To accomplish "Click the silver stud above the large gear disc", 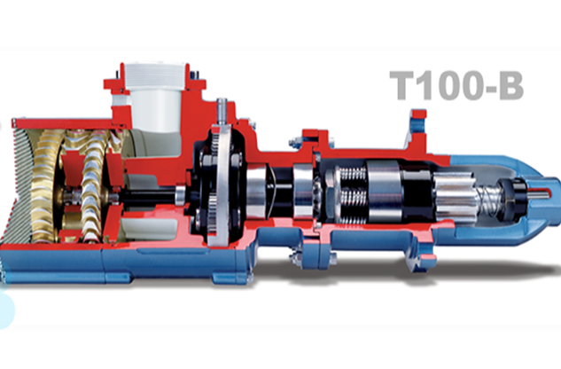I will tap(218, 114).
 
